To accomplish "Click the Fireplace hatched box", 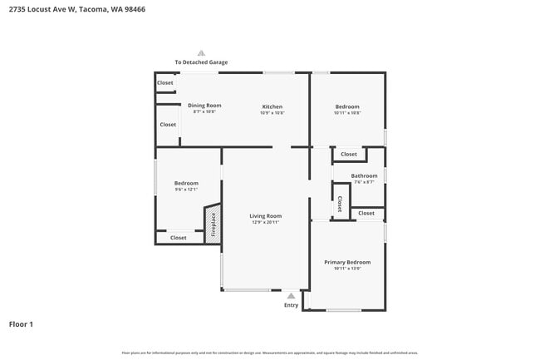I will tap(213, 224).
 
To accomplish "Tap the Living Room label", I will tap(267, 215).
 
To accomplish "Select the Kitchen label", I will tap(272, 106).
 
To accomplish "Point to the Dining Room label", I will tap(204, 106).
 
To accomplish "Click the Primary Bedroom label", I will tap(347, 262).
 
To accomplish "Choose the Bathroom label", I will tap(364, 175).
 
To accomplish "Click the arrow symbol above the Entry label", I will tap(291, 295).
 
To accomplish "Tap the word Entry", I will tap(291, 305).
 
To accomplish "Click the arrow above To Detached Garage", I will tap(201, 52).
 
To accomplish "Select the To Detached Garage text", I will tap(201, 62).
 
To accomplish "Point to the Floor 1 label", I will tap(21, 323).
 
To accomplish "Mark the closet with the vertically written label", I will tap(340, 204).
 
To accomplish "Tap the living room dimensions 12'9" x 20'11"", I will tap(267, 223).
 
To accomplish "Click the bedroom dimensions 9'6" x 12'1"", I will tap(186, 190).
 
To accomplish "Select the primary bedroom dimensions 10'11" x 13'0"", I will tap(347, 269).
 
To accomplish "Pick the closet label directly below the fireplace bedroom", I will tap(179, 238).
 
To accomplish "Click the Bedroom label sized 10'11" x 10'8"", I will tap(347, 106).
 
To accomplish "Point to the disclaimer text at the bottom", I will tap(269, 353).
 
